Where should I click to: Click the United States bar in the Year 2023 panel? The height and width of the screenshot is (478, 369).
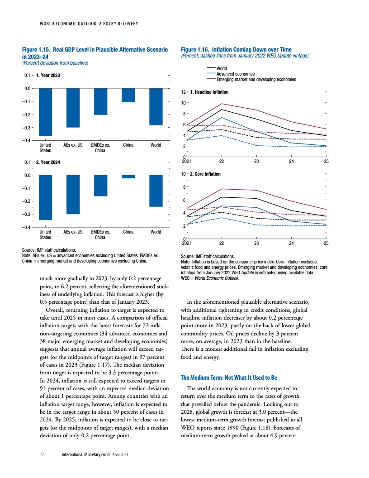pos(45,112)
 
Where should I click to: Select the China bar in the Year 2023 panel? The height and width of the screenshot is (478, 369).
pos(128,95)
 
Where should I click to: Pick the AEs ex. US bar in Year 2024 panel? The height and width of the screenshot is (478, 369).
pos(73,194)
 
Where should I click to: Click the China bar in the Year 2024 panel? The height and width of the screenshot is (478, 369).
pos(128,177)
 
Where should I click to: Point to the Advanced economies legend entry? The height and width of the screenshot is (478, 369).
pos(236,74)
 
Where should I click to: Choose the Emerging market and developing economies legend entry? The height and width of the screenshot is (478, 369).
pos(256,79)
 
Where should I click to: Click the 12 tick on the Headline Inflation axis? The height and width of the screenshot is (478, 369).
pos(183,92)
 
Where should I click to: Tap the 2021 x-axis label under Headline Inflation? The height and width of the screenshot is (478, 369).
pos(186,161)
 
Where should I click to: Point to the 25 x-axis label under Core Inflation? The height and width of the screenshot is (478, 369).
pos(326,243)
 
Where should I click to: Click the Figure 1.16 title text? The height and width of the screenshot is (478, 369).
pos(236,49)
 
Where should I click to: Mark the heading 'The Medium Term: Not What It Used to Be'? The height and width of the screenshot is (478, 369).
pos(228,377)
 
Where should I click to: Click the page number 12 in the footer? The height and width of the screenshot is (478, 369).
pos(41,454)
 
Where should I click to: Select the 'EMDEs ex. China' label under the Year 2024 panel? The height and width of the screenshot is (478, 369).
pos(100,234)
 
